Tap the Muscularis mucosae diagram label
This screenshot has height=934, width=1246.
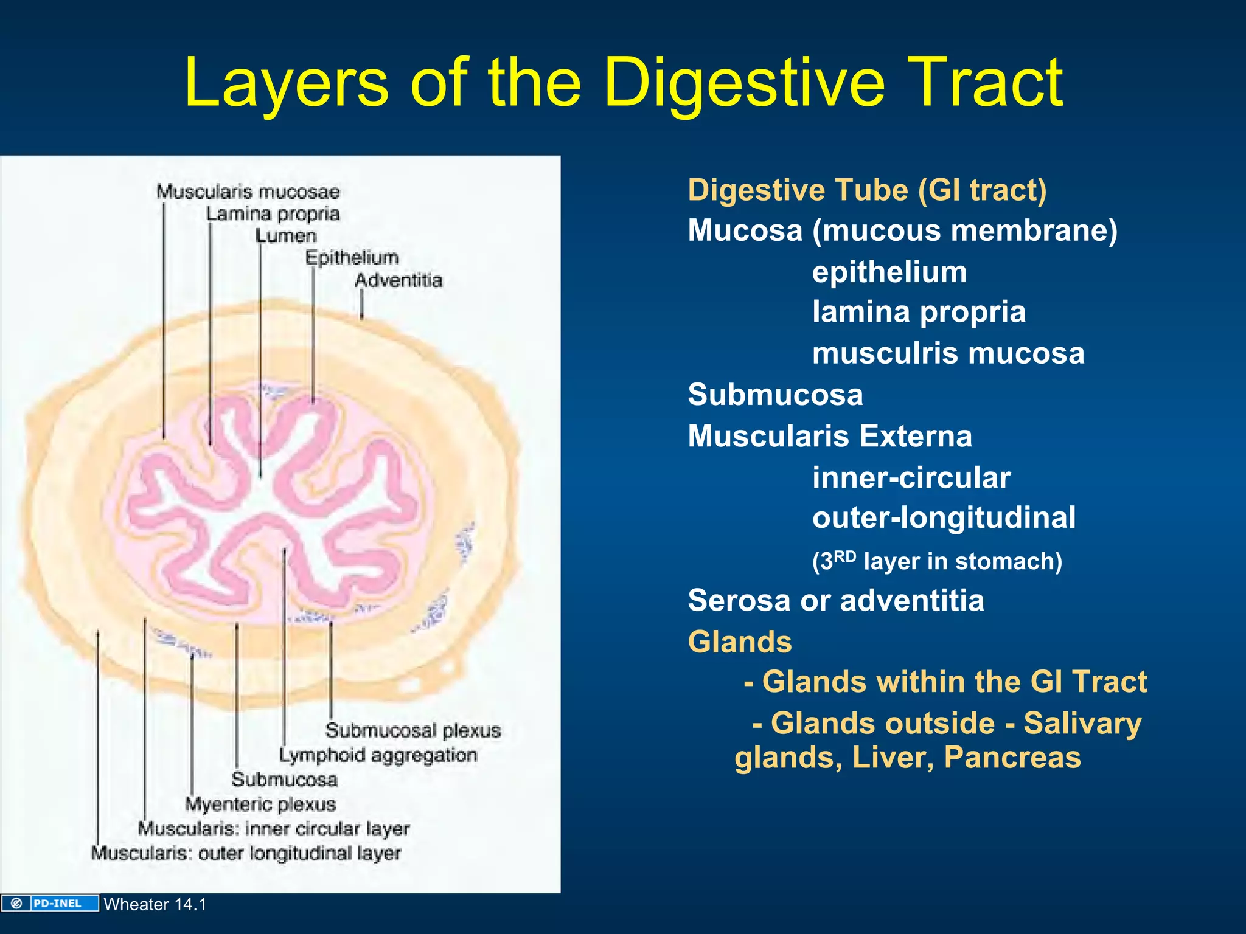tap(248, 192)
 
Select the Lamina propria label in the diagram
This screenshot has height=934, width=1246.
tap(273, 214)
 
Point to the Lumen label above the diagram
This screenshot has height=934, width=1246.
tap(286, 236)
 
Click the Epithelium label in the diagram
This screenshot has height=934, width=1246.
tap(352, 258)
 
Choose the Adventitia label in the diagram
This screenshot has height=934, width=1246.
tap(399, 280)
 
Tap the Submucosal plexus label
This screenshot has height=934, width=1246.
tap(413, 730)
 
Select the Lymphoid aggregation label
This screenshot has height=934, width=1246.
tap(378, 755)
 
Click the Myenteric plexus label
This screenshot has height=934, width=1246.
tap(260, 804)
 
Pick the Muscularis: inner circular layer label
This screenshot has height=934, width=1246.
tap(273, 829)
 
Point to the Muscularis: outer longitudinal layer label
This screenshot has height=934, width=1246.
tap(246, 853)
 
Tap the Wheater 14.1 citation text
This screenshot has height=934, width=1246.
tap(155, 904)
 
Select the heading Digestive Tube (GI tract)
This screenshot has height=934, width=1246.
tap(867, 190)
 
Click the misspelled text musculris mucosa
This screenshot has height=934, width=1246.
tap(948, 353)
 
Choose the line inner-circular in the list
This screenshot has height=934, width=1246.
tap(911, 477)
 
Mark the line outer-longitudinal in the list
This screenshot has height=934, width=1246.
tap(944, 517)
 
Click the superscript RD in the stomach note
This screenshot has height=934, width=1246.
tap(845, 556)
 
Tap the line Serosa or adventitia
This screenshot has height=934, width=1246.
tap(835, 600)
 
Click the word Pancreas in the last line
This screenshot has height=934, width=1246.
tap(1012, 757)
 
